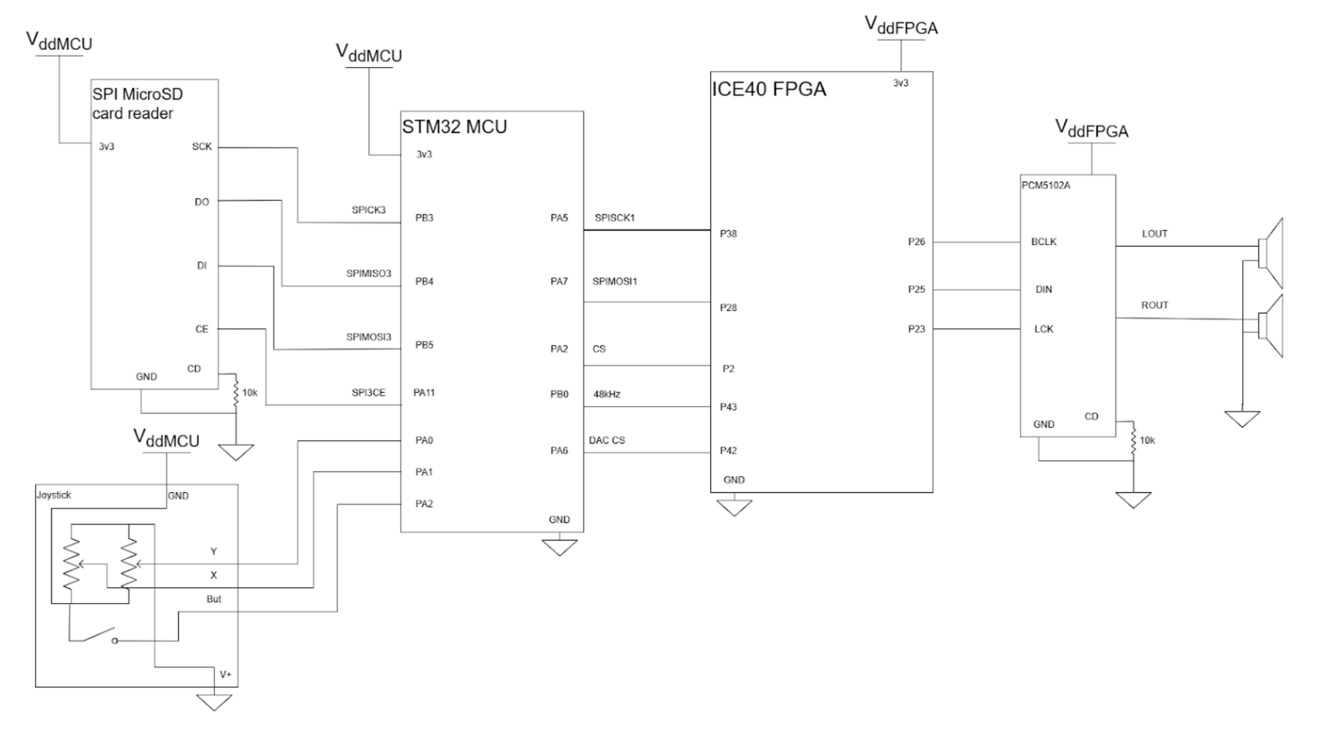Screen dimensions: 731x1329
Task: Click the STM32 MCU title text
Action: (x=454, y=127)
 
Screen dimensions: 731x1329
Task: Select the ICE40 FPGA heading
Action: (x=769, y=89)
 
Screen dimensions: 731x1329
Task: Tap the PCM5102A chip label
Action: (x=1045, y=185)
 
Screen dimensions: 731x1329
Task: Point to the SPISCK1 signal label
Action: (x=615, y=218)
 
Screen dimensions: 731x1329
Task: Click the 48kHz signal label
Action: (x=606, y=394)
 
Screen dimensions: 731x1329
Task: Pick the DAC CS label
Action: (x=606, y=440)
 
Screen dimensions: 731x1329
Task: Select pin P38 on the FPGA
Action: (x=728, y=234)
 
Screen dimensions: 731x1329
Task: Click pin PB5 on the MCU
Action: (x=424, y=345)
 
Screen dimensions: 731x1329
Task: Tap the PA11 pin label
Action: (x=424, y=392)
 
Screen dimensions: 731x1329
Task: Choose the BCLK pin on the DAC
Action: (x=1044, y=242)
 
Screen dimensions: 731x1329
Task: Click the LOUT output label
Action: (x=1155, y=234)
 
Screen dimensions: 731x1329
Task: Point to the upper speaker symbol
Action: (x=1271, y=254)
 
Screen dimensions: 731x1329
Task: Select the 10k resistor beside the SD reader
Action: (x=236, y=392)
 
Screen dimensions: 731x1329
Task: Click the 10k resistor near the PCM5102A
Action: (x=1133, y=440)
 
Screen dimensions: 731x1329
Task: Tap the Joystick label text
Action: (x=54, y=495)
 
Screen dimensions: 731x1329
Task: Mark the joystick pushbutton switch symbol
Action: (x=93, y=636)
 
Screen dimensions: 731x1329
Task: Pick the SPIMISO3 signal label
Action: (x=368, y=273)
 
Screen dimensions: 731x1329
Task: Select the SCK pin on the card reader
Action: (x=201, y=147)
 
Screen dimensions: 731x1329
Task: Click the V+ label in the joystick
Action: (x=226, y=674)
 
